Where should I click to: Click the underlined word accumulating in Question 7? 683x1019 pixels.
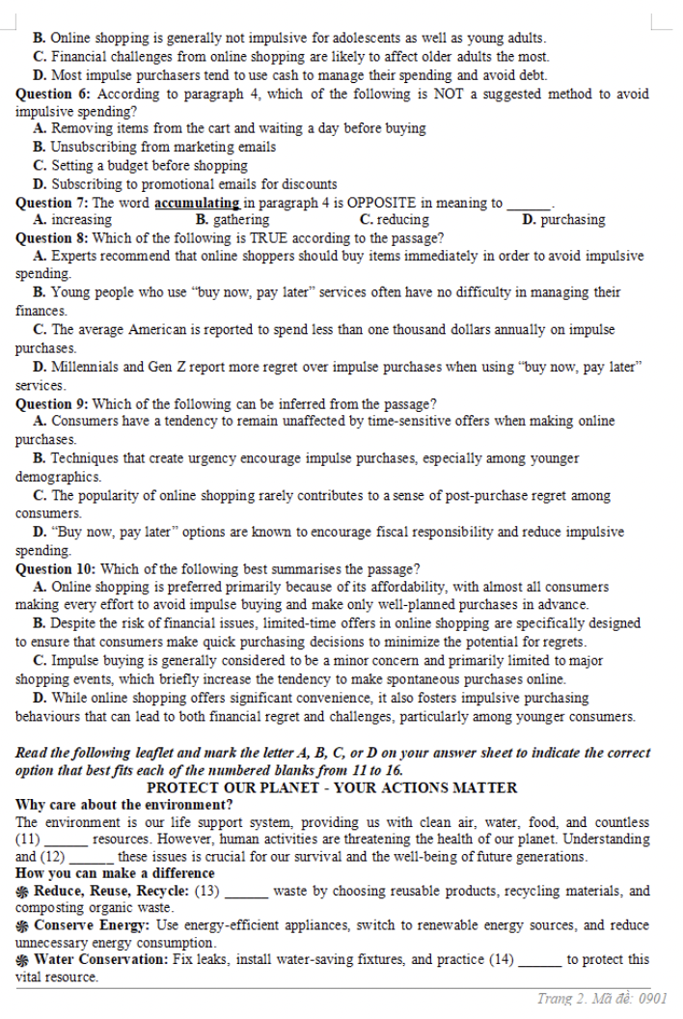pos(198,203)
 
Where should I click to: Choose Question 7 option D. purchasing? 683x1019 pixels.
pos(563,220)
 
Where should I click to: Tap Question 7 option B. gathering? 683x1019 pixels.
pos(232,220)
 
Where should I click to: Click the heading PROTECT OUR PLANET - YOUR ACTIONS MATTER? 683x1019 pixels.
pos(332,787)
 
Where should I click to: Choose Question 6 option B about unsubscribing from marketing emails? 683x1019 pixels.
pos(154,147)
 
